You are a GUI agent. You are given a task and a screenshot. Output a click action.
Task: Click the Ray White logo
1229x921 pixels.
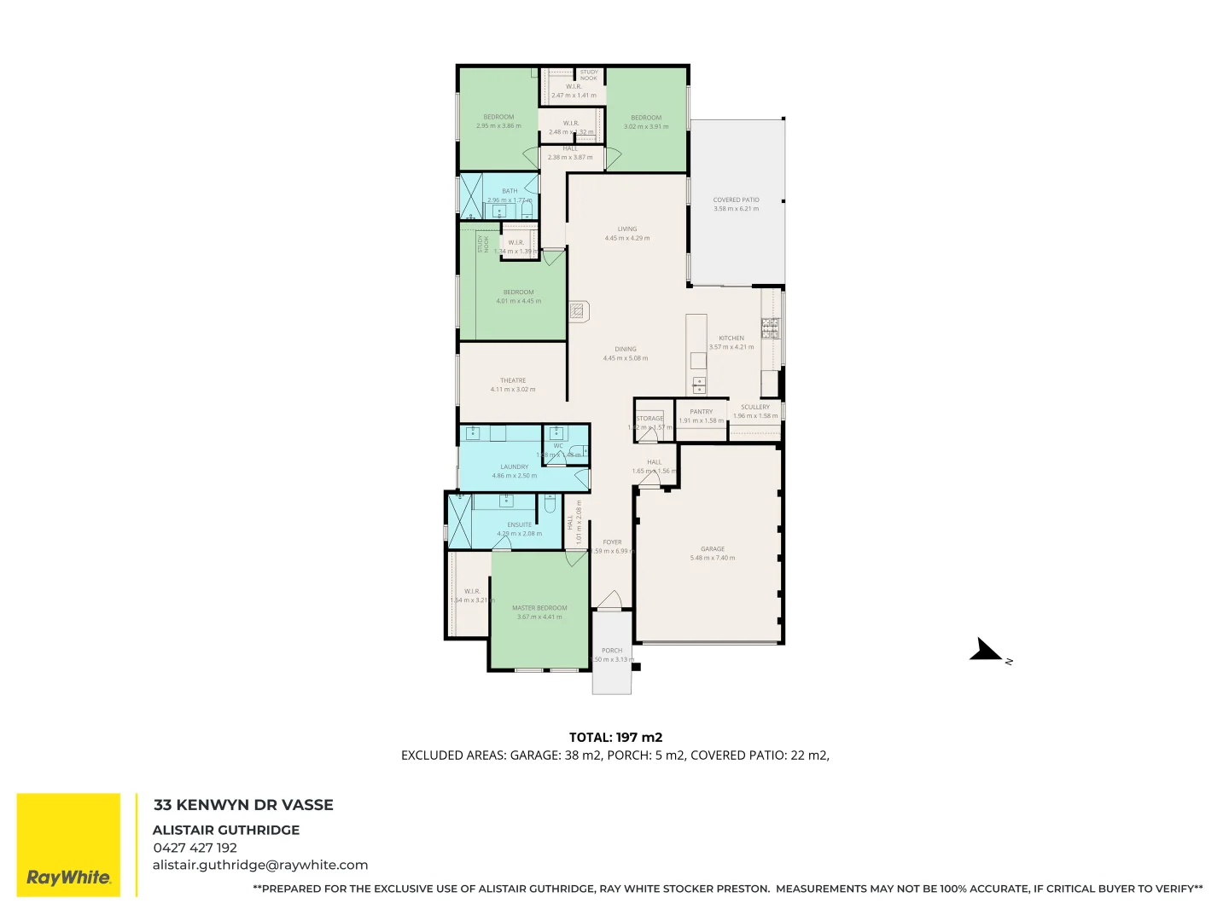click(x=68, y=845)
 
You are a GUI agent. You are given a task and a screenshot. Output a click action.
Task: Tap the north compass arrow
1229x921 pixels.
click(x=988, y=652)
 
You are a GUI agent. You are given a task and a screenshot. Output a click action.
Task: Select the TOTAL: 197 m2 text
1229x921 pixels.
click(x=615, y=738)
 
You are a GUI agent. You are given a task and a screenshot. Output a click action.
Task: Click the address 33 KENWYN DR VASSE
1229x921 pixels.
click(x=243, y=805)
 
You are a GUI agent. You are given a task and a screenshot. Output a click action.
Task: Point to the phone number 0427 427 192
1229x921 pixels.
click(x=195, y=848)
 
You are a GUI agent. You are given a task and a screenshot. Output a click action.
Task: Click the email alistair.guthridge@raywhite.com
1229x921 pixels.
click(x=260, y=865)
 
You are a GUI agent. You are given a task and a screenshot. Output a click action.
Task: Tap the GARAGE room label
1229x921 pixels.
click(x=713, y=549)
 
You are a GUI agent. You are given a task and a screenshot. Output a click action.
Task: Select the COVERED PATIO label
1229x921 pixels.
click(x=736, y=200)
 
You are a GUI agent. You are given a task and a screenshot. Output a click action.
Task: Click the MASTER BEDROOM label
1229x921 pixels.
click(x=539, y=608)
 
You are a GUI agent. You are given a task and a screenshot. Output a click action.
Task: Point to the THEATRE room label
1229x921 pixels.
click(x=513, y=380)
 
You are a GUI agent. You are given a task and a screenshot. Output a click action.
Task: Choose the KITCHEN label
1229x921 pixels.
click(x=731, y=338)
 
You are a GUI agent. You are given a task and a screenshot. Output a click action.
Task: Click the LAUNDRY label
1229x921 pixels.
click(x=515, y=466)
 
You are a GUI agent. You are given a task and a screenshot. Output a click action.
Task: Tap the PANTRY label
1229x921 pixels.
click(x=701, y=411)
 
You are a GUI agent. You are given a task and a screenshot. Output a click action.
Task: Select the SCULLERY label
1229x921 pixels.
click(x=755, y=407)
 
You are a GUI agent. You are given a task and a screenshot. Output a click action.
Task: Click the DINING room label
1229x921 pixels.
click(x=626, y=349)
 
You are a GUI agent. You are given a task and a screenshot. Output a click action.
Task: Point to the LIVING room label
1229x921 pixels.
click(x=627, y=229)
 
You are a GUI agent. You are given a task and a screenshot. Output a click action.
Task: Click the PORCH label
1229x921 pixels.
click(x=612, y=650)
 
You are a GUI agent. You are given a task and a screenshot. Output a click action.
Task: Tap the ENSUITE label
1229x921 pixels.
click(x=519, y=524)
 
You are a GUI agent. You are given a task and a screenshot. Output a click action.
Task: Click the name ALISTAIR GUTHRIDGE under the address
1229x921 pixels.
click(x=226, y=830)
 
